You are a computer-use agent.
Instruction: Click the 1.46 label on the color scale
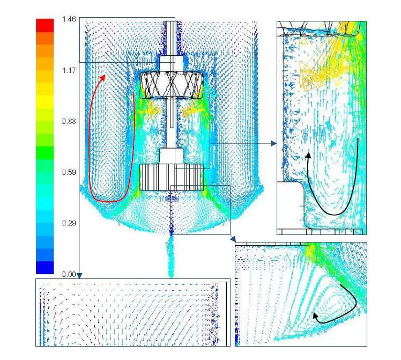pos(69,19)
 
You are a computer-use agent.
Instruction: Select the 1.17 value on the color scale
pos(69,70)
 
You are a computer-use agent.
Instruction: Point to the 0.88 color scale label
pos(69,121)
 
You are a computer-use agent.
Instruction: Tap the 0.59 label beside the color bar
pos(69,172)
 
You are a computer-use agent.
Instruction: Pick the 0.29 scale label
pos(69,223)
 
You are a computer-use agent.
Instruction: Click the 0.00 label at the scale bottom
pos(69,274)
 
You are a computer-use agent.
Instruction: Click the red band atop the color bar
pos(44,25)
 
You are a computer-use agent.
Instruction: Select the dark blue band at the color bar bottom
pos(44,267)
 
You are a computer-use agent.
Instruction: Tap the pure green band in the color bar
pos(44,153)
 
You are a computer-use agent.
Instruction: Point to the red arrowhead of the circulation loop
pos(103,78)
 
